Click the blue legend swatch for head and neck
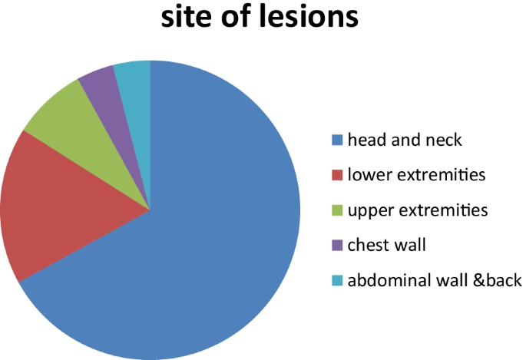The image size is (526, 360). click(336, 140)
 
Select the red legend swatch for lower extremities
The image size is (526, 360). click(336, 176)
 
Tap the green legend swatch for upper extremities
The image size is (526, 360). click(336, 210)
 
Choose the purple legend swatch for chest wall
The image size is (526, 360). click(336, 246)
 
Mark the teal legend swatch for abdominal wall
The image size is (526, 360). click(336, 281)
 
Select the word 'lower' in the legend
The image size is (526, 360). click(369, 175)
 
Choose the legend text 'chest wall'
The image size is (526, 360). click(385, 246)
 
